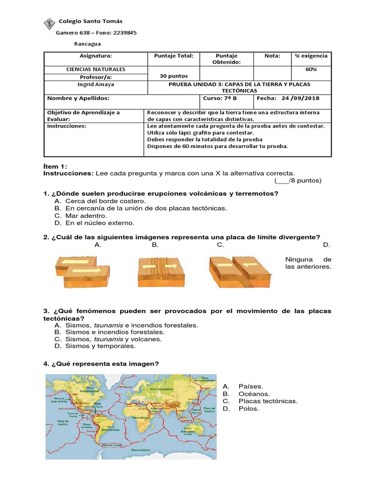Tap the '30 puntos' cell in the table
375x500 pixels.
(173, 76)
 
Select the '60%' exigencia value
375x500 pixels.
(311, 69)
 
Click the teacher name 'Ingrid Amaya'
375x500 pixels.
(96, 84)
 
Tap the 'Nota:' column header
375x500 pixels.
(272, 56)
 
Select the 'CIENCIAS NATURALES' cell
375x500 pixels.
(96, 69)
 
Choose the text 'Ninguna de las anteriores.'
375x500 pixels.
(308, 263)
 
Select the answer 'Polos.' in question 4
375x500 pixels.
(249, 409)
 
